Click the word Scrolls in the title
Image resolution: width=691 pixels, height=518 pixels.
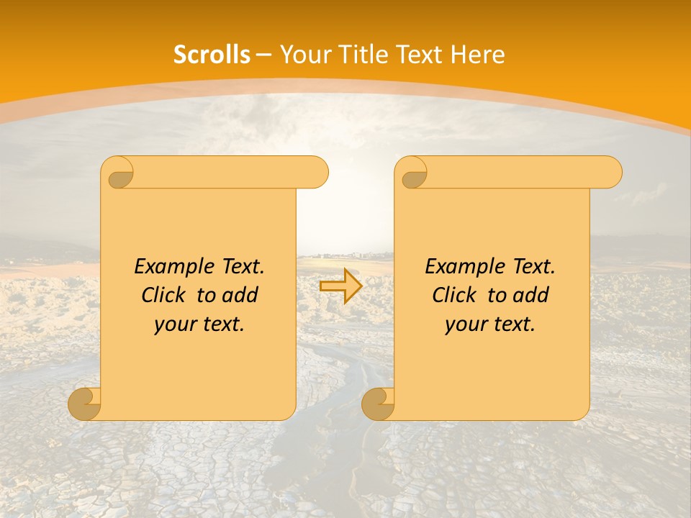(212, 55)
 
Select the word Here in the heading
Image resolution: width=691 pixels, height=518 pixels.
(478, 55)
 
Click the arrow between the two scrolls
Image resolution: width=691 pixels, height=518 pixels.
(341, 286)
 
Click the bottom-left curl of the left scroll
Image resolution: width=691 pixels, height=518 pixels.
(85, 404)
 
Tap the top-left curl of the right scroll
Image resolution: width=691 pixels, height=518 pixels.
(413, 173)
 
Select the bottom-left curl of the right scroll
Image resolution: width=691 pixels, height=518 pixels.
(379, 404)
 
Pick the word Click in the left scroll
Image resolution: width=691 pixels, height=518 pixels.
(164, 295)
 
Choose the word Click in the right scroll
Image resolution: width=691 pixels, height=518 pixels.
(455, 295)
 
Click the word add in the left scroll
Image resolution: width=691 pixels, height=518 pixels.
(241, 295)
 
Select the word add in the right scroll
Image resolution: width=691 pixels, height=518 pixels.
(532, 295)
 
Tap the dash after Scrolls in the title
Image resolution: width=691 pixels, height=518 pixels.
(263, 55)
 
